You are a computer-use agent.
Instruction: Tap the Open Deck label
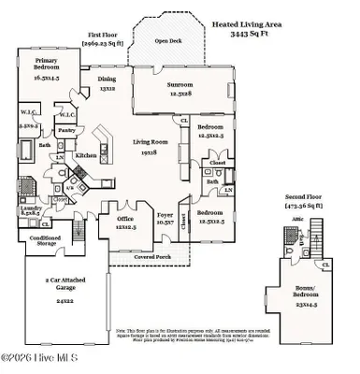[x=168, y=41]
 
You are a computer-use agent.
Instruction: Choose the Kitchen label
[x=86, y=155]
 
